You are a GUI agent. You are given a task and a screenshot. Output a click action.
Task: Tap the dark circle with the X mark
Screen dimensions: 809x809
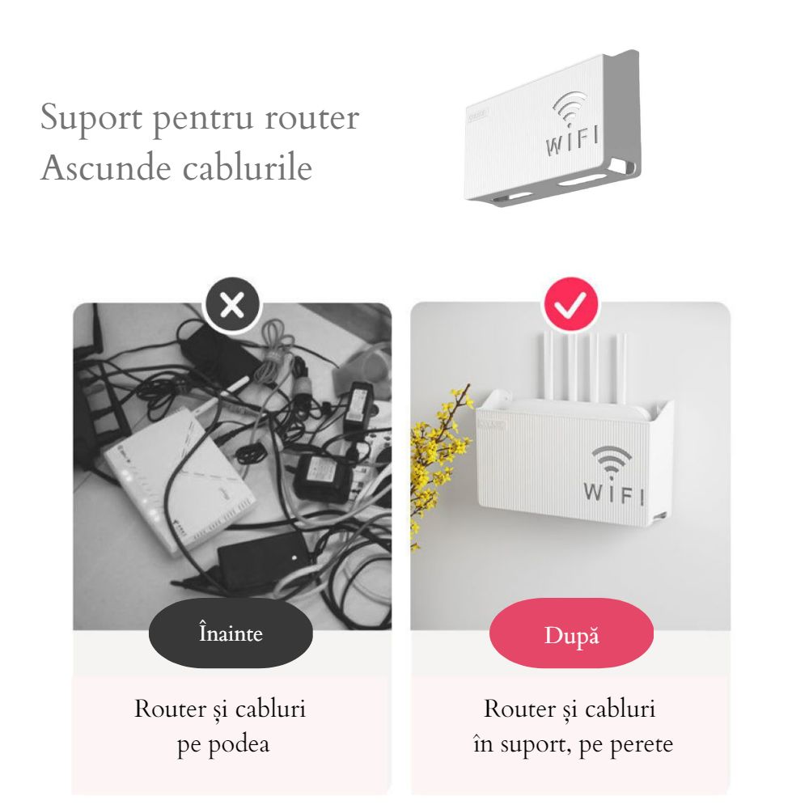pos(232,305)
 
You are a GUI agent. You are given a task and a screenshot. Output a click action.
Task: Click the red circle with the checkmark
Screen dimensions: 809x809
pos(570,305)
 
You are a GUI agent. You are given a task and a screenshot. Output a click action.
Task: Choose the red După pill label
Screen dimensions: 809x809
pos(571,636)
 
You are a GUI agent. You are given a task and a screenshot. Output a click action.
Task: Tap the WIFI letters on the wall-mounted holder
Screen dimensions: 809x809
pos(613,492)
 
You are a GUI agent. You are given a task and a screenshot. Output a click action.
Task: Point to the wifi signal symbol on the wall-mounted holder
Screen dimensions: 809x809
pos(612,460)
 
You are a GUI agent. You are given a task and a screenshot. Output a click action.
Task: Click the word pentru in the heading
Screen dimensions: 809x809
pos(198,119)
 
